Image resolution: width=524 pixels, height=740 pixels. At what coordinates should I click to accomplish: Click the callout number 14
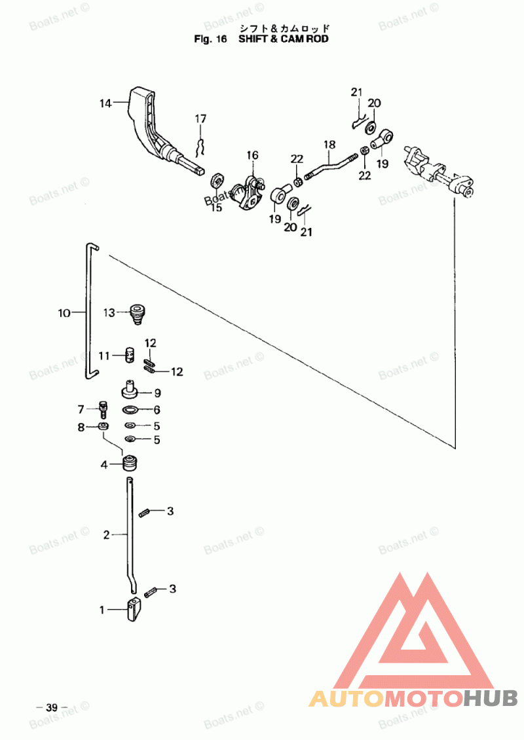point(105,103)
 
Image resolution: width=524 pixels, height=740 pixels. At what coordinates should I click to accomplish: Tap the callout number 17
point(200,119)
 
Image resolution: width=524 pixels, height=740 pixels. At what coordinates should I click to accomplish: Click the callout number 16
point(253,155)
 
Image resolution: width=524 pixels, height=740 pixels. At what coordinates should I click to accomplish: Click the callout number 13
point(109,312)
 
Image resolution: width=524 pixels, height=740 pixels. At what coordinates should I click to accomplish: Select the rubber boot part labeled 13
point(137,314)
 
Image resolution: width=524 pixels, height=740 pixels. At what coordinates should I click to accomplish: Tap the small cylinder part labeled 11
point(130,356)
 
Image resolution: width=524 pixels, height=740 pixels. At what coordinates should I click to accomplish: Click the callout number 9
point(158,393)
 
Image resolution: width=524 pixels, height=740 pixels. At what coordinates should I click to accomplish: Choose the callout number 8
point(81,427)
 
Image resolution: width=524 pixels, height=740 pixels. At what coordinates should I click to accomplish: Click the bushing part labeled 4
point(130,463)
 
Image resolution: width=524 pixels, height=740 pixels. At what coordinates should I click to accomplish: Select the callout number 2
point(106,535)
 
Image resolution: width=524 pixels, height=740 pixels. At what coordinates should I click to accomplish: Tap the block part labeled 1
point(134,609)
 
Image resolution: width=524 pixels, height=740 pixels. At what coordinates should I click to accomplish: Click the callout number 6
point(157,410)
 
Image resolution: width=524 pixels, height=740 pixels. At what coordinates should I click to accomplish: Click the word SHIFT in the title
point(253,39)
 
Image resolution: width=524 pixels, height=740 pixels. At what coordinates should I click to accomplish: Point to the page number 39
point(52,707)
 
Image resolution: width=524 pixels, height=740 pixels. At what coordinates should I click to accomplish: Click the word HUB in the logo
point(490,698)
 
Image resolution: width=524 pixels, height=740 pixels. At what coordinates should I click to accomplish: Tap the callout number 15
point(215,207)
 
